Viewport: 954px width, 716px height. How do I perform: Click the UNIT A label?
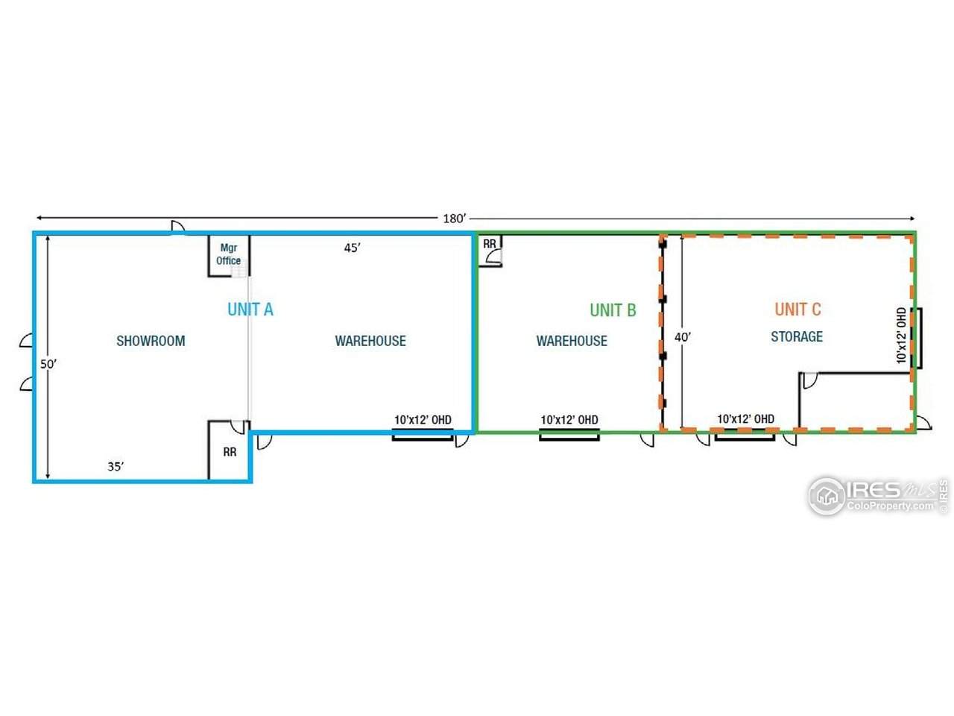[250, 310]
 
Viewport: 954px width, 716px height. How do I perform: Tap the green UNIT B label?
[613, 310]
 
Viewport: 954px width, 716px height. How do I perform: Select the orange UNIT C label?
[798, 310]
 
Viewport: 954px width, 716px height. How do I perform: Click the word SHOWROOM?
[151, 341]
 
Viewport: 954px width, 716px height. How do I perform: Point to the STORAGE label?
[797, 336]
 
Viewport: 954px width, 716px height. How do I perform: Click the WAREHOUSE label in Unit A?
[370, 341]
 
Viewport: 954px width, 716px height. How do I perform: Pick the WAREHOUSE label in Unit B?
[572, 341]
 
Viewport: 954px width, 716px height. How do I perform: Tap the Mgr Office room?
[229, 255]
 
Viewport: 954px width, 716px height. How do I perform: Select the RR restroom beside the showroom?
[230, 450]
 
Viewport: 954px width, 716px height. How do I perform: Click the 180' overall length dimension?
[454, 219]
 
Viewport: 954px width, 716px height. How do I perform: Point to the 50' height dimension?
[48, 364]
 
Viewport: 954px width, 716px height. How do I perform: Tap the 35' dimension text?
[116, 466]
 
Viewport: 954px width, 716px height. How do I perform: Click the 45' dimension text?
[352, 248]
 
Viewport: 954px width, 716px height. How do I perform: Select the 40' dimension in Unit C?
[683, 337]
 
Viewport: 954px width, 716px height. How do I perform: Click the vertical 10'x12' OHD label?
[902, 336]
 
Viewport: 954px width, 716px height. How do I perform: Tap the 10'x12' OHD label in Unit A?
[423, 420]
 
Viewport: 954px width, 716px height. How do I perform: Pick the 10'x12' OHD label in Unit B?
[569, 420]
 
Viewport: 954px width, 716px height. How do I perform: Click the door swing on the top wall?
[178, 227]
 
